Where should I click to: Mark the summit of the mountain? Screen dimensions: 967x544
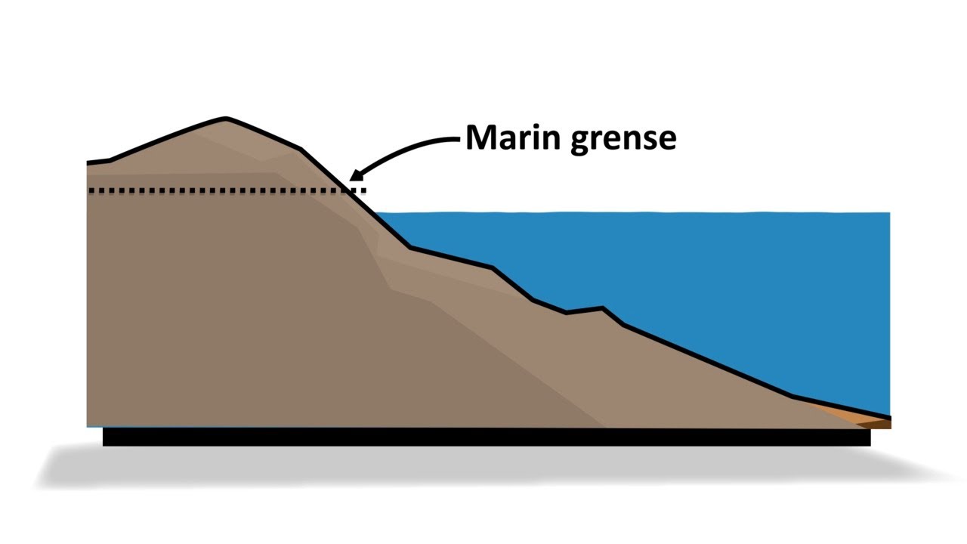point(225,119)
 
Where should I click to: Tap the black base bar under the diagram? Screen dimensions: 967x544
point(483,437)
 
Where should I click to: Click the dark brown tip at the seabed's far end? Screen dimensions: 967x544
point(882,424)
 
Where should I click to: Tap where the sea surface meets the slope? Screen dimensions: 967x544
point(376,214)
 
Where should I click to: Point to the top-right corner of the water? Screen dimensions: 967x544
point(888,214)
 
